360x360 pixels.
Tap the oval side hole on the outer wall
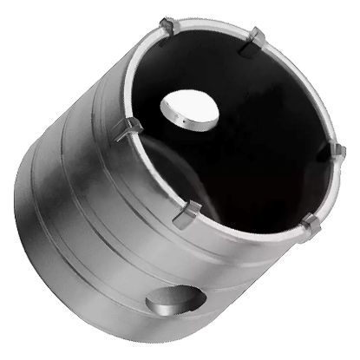[x=176, y=300]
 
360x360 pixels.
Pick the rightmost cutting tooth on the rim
[x=339, y=152]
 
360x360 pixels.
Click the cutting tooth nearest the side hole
[x=187, y=213]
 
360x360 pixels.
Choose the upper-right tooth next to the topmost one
[x=256, y=37]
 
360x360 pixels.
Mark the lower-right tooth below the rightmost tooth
[x=310, y=227]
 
